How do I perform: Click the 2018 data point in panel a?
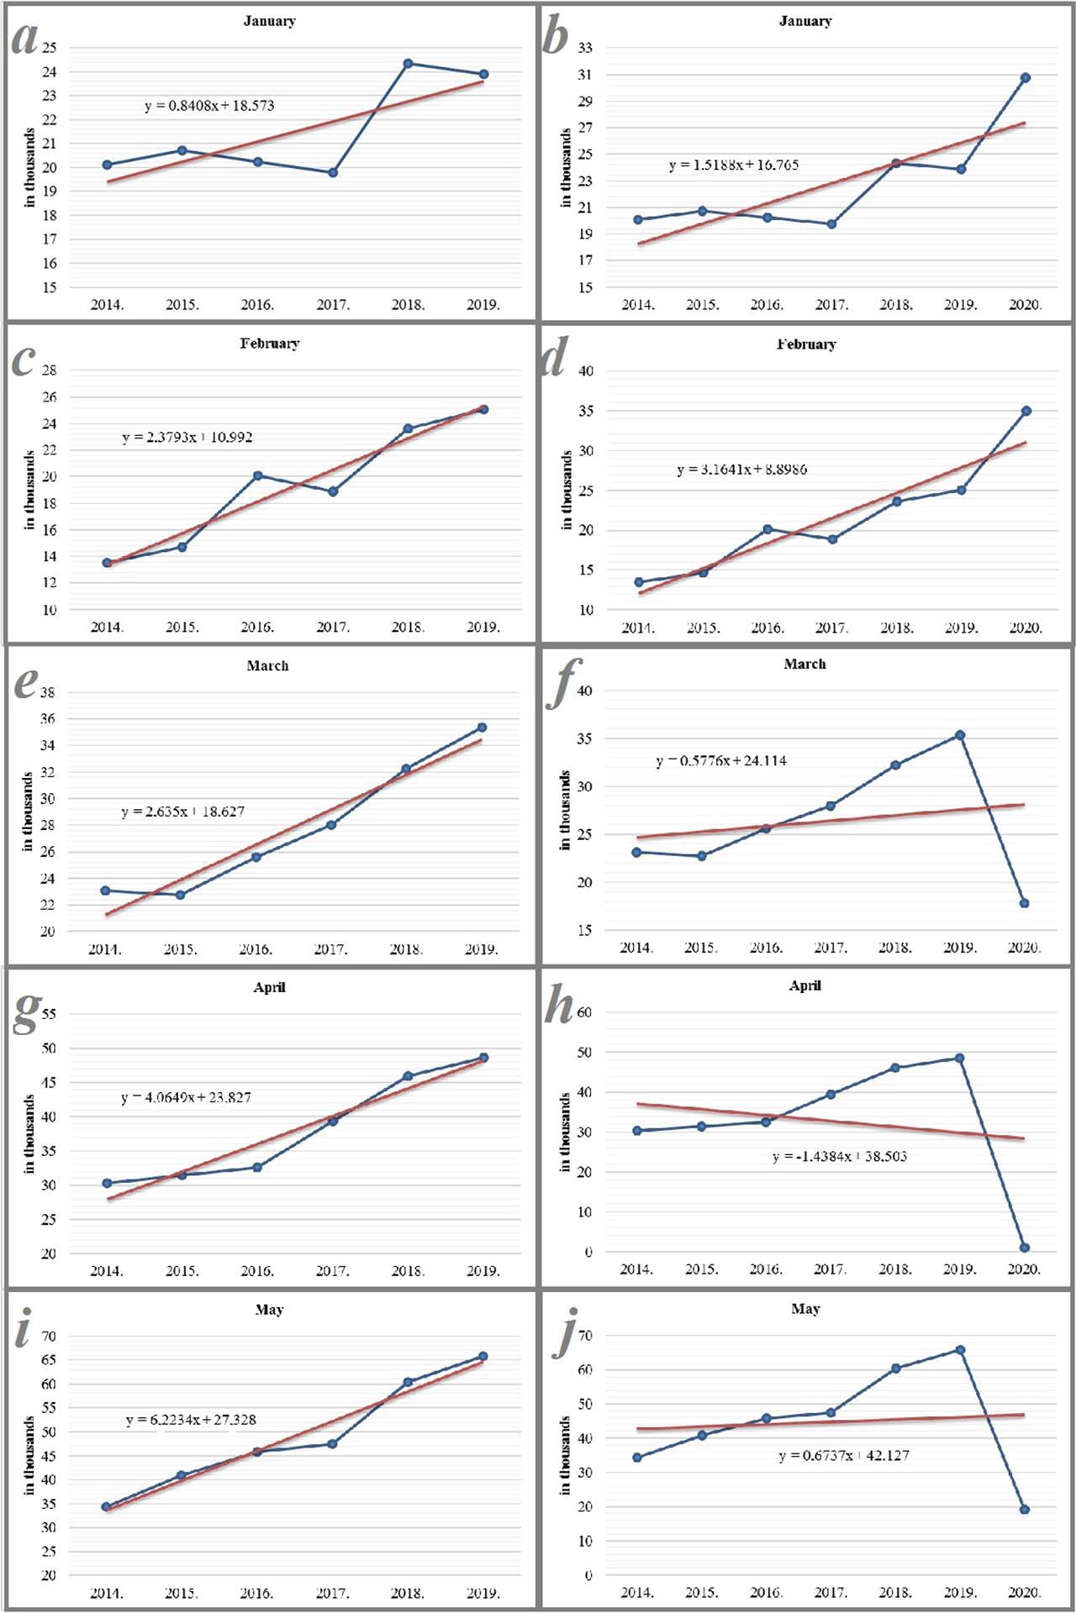408,64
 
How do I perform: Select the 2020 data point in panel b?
1026,78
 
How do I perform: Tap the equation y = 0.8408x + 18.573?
209,106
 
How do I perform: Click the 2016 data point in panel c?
257,475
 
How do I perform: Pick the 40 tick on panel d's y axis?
586,371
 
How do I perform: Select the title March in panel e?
267,665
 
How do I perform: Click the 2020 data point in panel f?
1025,903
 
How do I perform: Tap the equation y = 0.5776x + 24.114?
721,761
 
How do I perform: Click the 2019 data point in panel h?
959,1059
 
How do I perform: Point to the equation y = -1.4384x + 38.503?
839,1157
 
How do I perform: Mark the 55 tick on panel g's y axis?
49,1014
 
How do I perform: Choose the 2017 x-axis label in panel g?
332,1271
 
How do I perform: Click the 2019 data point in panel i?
483,1356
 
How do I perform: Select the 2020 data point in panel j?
1025,1510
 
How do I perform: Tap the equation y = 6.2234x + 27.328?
191,1420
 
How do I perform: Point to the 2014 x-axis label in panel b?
638,305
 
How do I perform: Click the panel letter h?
558,1005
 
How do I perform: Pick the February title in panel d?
806,344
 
